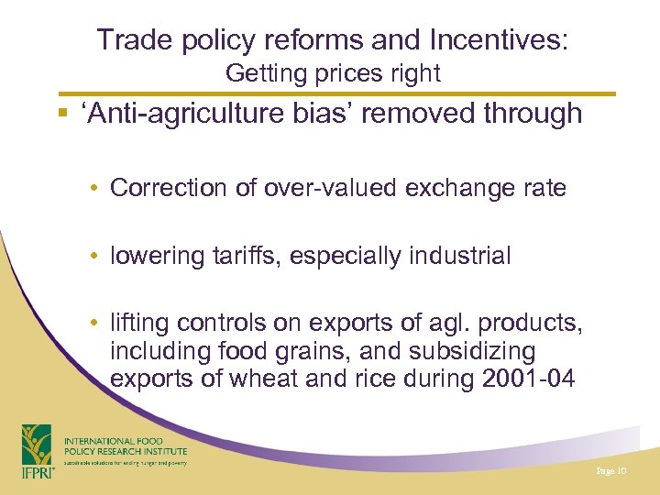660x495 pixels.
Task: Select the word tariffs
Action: click(245, 257)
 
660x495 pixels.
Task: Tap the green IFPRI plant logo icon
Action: click(37, 444)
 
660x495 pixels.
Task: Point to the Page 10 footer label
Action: click(610, 470)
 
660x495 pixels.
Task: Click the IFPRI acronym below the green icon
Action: click(38, 473)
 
